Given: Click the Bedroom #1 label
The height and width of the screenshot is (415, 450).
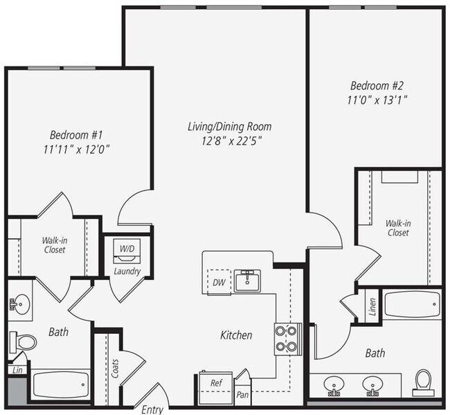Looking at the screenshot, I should click(x=76, y=134).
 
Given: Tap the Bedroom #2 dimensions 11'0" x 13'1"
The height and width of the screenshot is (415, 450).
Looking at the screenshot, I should click(x=378, y=100).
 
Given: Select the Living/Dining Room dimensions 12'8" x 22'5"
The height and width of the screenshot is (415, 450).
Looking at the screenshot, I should click(x=229, y=141).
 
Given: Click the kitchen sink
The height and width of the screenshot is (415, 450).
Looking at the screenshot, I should click(x=246, y=281).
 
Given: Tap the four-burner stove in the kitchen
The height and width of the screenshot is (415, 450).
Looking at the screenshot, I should click(x=287, y=339).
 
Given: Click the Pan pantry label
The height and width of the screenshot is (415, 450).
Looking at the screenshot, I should click(x=243, y=394).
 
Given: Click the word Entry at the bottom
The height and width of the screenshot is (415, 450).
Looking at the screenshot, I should click(x=152, y=409).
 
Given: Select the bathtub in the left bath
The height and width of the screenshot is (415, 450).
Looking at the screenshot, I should click(x=61, y=385).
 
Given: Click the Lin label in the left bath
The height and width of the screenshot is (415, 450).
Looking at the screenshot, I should click(x=15, y=371).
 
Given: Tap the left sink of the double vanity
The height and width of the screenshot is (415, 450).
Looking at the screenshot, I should click(x=335, y=384).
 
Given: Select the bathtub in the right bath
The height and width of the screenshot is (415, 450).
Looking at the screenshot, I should click(x=411, y=303).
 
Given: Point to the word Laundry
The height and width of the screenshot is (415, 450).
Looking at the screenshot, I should click(x=127, y=271).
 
